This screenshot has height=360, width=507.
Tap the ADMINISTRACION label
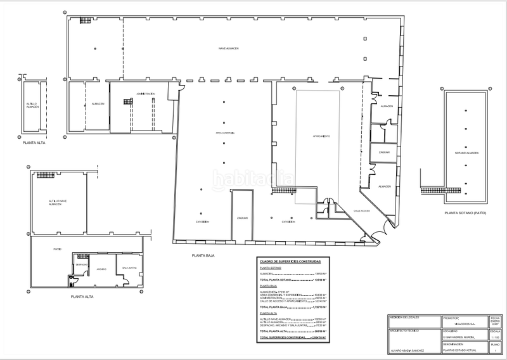coord(145,93)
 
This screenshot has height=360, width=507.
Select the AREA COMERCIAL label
coord(224,133)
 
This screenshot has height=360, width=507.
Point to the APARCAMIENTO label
coord(321,136)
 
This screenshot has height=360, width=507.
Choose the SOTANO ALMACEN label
coord(466,153)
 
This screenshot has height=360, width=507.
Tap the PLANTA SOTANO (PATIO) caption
coord(465,213)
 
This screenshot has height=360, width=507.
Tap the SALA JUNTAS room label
coord(130,269)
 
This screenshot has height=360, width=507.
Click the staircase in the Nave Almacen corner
coord(86,22)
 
